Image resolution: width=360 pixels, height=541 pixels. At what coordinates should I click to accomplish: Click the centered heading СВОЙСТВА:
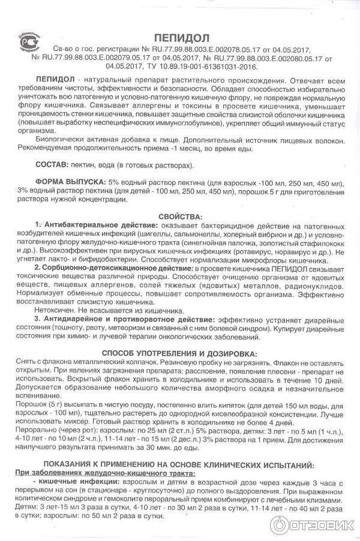click(x=180, y=215)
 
